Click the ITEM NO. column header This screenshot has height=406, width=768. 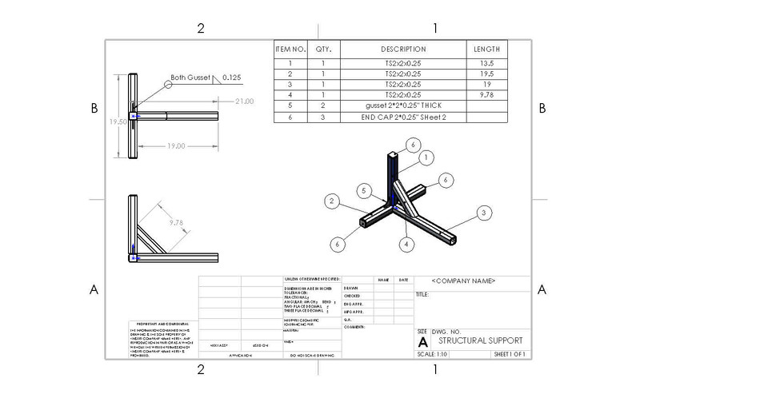click(x=290, y=50)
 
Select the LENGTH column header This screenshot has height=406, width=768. click(x=486, y=50)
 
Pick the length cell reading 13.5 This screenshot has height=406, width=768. click(x=486, y=62)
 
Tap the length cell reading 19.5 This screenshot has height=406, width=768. click(x=486, y=74)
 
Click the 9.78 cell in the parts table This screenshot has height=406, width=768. click(x=486, y=94)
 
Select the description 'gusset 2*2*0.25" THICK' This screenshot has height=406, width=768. click(x=403, y=105)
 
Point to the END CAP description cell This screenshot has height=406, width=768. click(x=403, y=117)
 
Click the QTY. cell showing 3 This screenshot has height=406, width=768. click(x=323, y=117)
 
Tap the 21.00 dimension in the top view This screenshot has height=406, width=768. click(x=244, y=101)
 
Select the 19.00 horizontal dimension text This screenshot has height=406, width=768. click(x=176, y=146)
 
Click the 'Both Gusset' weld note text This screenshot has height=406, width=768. click(x=190, y=78)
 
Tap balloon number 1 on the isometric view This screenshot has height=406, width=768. click(x=426, y=158)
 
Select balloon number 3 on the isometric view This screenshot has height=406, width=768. click(x=482, y=213)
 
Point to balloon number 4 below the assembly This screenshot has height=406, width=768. click(x=406, y=244)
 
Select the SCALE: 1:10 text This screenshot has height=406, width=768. click(x=433, y=354)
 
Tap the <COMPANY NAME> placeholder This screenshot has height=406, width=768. click(x=463, y=281)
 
